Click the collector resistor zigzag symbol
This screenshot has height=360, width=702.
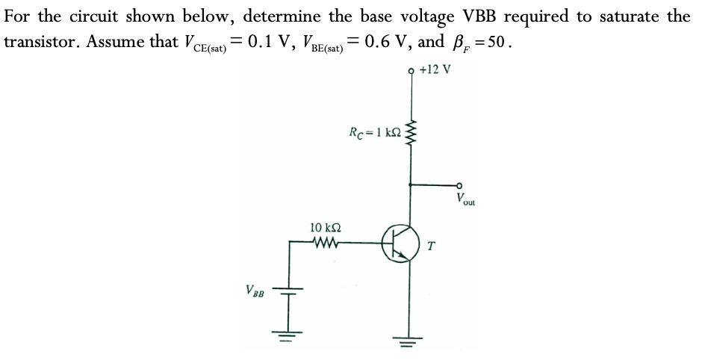pyautogui.click(x=409, y=134)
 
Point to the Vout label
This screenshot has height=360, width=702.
pyautogui.click(x=468, y=198)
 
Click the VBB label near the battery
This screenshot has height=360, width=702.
pyautogui.click(x=255, y=290)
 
